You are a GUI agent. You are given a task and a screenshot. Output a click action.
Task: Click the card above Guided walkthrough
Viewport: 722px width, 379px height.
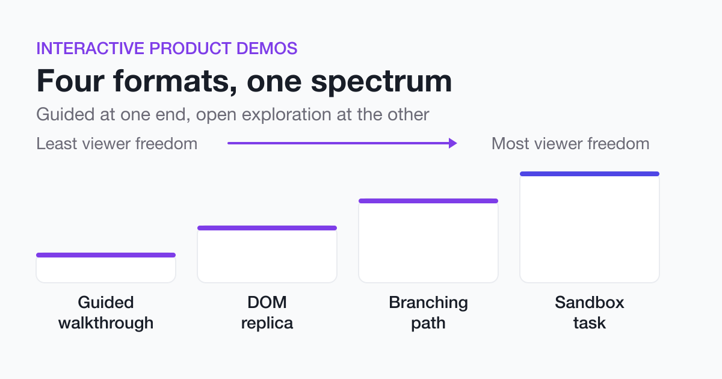pos(106,268)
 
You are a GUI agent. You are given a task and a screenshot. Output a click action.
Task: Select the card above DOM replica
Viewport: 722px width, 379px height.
pos(267,254)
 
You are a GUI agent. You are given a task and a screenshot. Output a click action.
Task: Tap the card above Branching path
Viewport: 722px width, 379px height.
pos(428,241)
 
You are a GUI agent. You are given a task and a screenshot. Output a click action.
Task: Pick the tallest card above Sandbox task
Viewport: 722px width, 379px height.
pos(590,227)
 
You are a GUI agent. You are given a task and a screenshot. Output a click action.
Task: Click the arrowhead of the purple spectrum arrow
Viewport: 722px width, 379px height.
pos(453,143)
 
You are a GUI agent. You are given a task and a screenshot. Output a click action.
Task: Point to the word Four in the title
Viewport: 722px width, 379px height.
pos(70,81)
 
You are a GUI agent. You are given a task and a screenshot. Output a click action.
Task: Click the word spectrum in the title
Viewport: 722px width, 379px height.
pos(381,83)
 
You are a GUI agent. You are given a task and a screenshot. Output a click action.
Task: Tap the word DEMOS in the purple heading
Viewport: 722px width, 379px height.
pos(267,48)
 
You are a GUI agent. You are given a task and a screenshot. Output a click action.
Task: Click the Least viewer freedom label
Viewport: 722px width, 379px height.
pos(117,143)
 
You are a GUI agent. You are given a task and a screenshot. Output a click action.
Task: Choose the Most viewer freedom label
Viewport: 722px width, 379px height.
pos(570,143)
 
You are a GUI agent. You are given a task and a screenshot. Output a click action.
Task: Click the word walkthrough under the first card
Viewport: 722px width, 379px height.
pos(106,323)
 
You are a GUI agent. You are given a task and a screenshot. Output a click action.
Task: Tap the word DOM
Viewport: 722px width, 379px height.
pos(267,302)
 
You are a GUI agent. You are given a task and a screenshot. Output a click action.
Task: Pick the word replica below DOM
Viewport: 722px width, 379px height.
pos(267,323)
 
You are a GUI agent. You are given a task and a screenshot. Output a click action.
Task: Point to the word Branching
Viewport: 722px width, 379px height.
pos(428,303)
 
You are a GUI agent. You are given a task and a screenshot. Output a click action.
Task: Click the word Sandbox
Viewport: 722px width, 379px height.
pos(590,302)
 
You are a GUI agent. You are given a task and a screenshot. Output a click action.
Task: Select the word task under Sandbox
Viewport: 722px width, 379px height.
pos(590,323)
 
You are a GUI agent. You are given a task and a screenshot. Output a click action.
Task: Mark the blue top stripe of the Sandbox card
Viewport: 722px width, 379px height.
pos(590,174)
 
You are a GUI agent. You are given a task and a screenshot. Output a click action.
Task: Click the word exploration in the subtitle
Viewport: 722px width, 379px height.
pos(286,115)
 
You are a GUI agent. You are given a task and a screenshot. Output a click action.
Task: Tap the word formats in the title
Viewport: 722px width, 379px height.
pos(175,81)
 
